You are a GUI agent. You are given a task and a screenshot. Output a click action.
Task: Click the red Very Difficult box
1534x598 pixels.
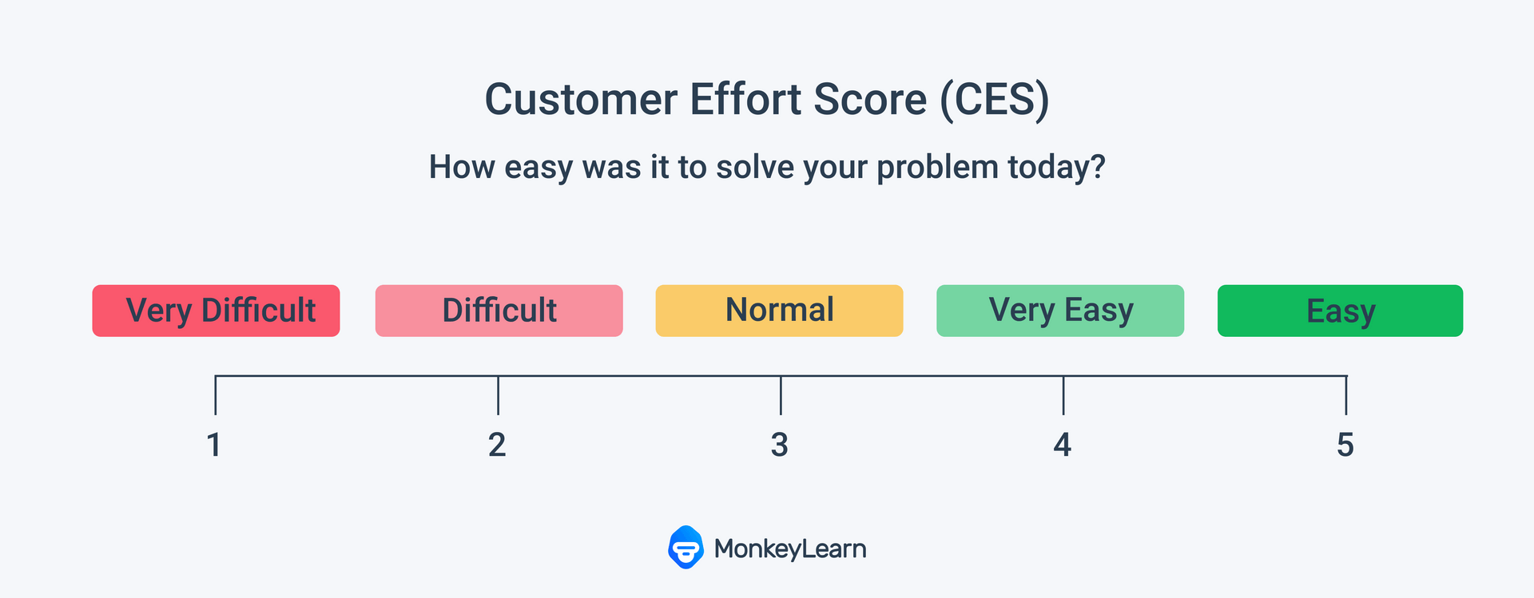click(216, 311)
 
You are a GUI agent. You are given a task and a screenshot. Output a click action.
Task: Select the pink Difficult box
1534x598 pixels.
click(499, 311)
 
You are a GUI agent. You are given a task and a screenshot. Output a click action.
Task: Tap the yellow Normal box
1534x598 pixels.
click(779, 311)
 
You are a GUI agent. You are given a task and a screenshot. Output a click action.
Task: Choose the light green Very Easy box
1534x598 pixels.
click(1060, 311)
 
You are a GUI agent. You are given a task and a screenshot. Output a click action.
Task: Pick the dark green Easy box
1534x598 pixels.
click(1340, 311)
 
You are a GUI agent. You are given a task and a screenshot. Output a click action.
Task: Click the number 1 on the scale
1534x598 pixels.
click(214, 445)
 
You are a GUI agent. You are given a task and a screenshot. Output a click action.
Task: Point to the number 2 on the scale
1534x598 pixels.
click(497, 445)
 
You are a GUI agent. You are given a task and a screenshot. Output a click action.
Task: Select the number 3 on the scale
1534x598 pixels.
click(780, 445)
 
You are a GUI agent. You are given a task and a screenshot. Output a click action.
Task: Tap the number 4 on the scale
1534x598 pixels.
click(1062, 445)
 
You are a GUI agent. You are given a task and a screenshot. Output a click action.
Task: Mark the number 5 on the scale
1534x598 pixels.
click(1345, 445)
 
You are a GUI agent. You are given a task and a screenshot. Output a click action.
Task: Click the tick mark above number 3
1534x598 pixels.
click(781, 395)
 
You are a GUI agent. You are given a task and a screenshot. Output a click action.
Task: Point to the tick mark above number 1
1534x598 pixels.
click(216, 395)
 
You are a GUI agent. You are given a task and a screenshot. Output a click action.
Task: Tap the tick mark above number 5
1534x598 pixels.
click(1346, 395)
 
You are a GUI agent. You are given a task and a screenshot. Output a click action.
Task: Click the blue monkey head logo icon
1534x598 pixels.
click(686, 547)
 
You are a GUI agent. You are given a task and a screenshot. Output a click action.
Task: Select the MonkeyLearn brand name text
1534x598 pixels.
click(790, 548)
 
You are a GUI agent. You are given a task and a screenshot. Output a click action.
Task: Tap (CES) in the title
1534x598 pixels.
click(994, 101)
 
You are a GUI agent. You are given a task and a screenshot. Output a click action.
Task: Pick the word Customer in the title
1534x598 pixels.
click(581, 100)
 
